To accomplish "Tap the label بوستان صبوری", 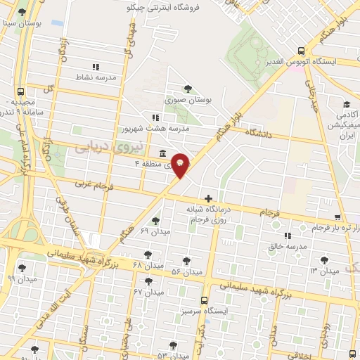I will coord(187,101).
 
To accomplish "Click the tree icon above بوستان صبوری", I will coord(187,89).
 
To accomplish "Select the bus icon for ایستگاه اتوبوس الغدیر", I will coord(301,51).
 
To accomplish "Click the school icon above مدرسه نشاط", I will coord(96,67).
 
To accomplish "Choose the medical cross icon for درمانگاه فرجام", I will coord(207,199).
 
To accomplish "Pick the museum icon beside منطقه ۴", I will coord(163,153).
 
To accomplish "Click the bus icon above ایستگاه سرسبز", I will coord(204,298).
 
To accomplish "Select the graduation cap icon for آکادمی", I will coord(348,103).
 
